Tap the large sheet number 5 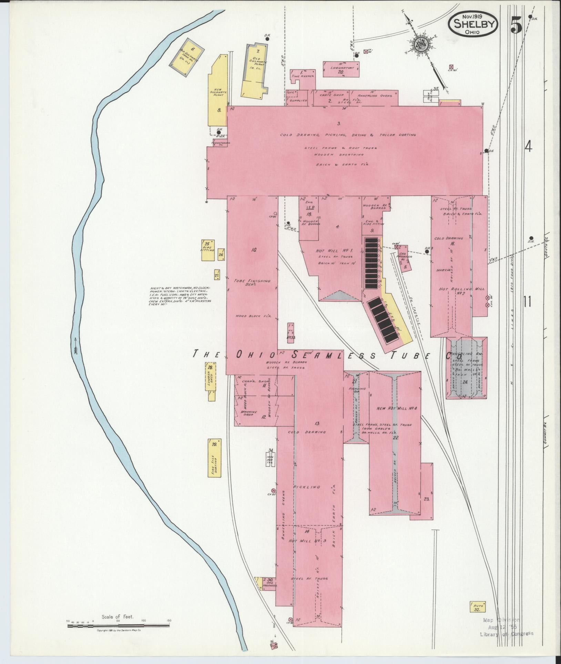pyautogui.click(x=516, y=25)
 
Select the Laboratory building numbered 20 pyautogui.click(x=341, y=69)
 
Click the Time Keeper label pyautogui.click(x=303, y=76)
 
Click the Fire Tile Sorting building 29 pyautogui.click(x=215, y=458)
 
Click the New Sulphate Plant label pyautogui.click(x=217, y=93)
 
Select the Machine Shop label pyautogui.click(x=247, y=413)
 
